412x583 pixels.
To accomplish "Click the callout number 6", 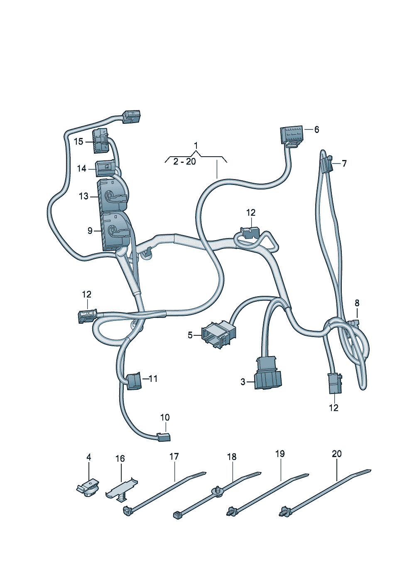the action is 316,129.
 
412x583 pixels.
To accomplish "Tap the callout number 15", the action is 78,142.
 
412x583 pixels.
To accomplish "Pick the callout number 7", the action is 344,164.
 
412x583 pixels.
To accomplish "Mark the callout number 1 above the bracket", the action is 196,145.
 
